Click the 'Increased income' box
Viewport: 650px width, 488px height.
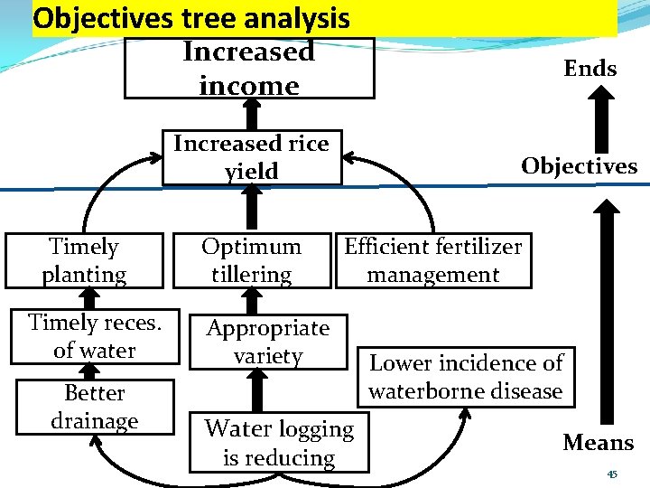(248, 68)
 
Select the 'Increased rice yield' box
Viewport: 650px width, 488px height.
(252, 157)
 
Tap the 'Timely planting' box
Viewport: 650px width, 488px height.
(84, 260)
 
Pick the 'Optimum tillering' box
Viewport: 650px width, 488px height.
(252, 260)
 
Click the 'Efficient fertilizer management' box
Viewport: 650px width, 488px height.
(433, 260)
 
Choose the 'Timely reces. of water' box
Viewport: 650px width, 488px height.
(94, 336)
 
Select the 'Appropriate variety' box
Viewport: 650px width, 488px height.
(268, 343)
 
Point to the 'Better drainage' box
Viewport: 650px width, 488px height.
(95, 407)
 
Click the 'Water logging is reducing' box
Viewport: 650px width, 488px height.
(279, 443)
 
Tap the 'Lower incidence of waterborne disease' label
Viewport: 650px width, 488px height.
(466, 377)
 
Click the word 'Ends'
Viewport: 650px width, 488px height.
(590, 69)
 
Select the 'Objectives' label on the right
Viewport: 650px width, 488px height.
(579, 166)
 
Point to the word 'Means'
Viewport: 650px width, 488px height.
(598, 443)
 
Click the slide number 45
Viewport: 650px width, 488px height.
(612, 474)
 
